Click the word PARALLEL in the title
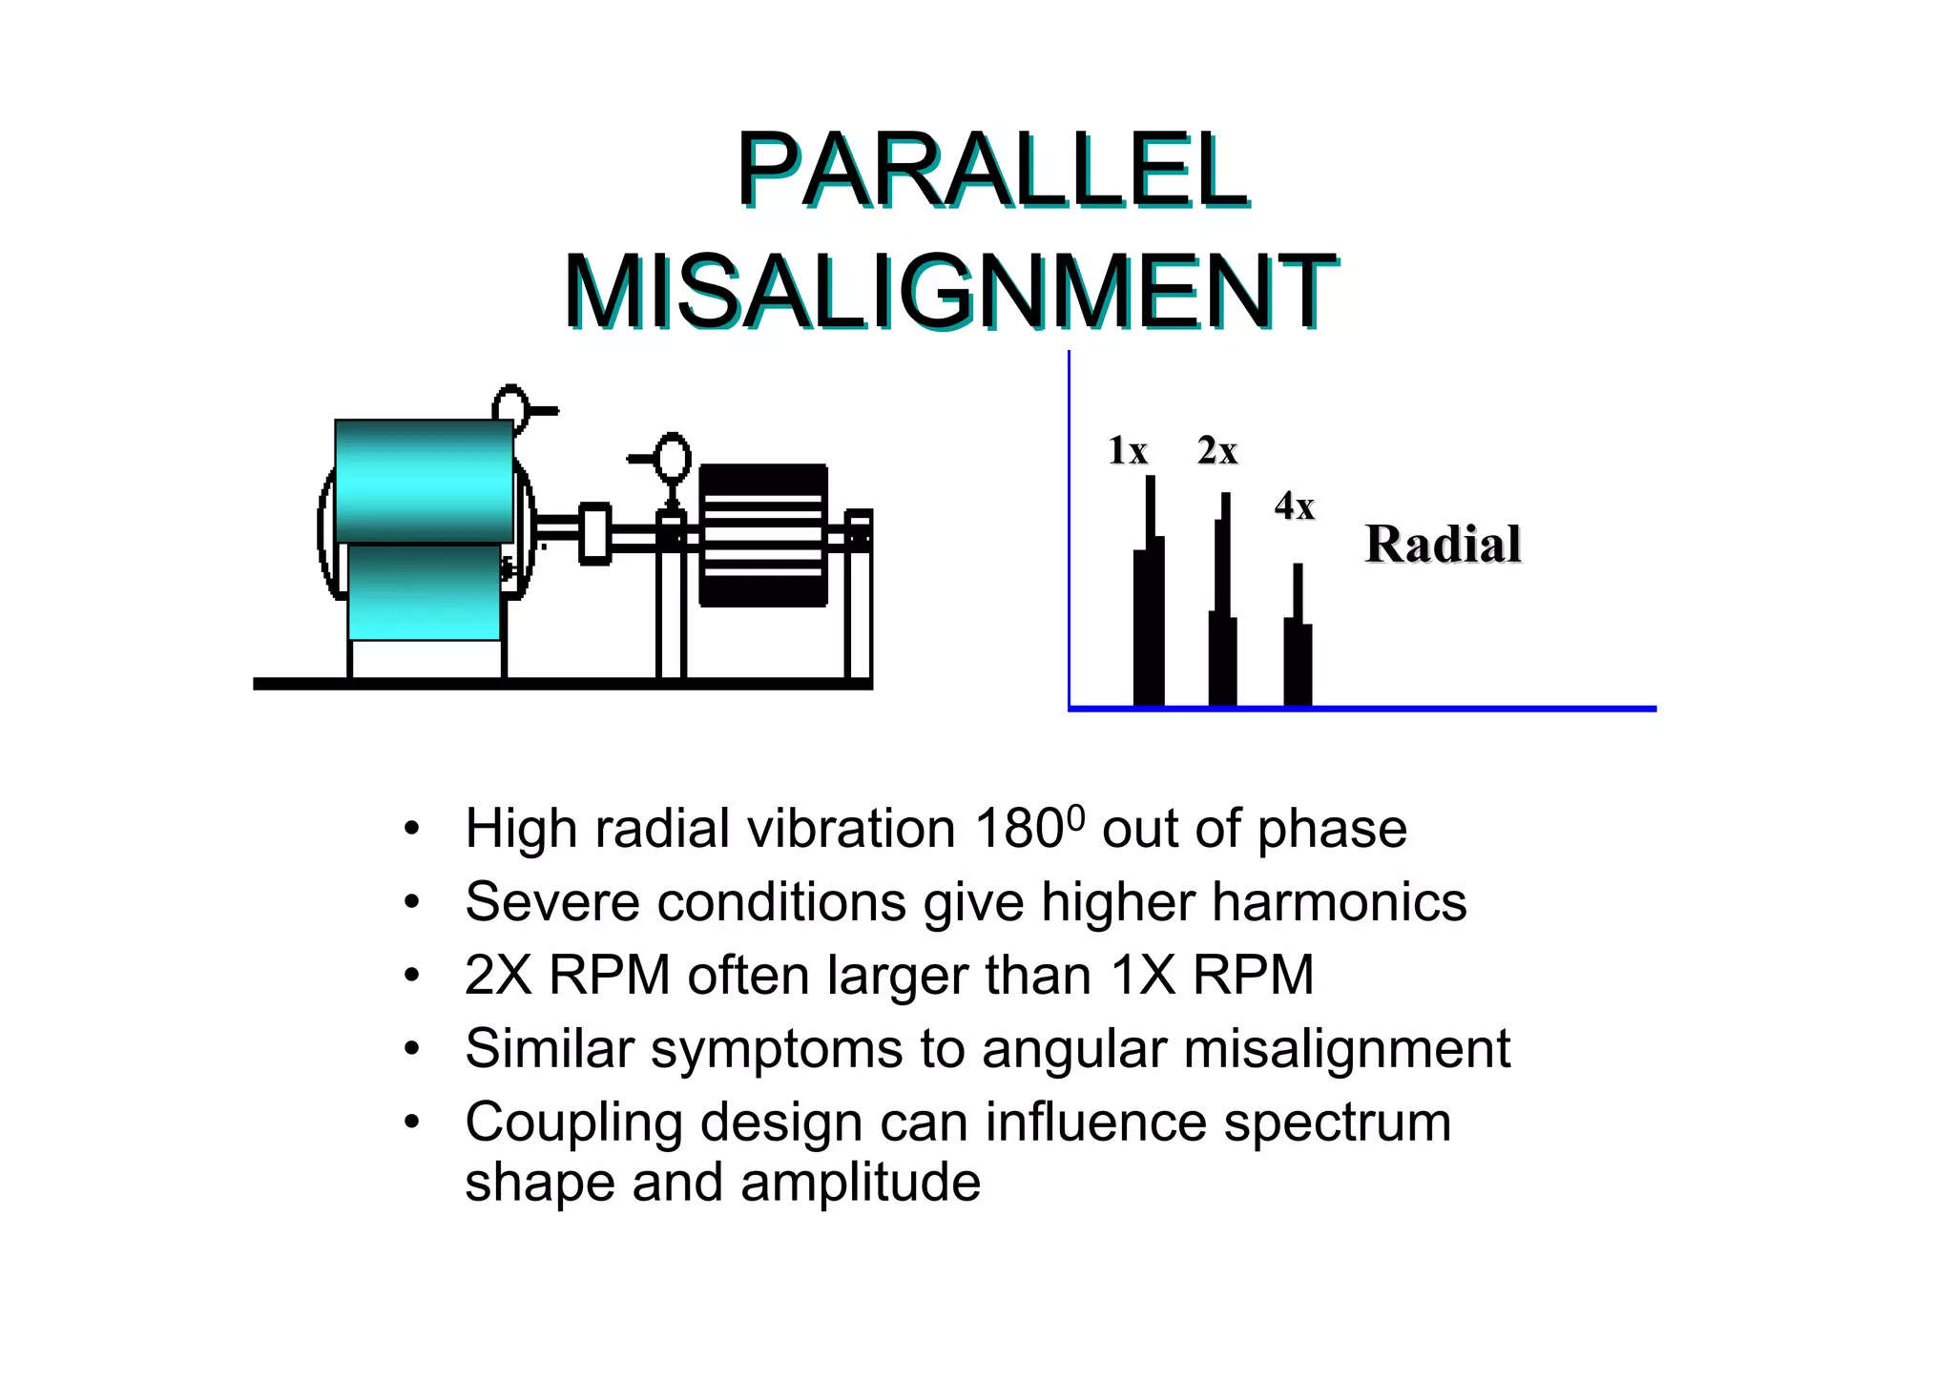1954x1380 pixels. [x=991, y=172]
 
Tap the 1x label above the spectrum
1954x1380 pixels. [x=1127, y=451]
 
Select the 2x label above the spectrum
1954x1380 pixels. [x=1217, y=451]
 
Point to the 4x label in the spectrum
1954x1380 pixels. [x=1295, y=506]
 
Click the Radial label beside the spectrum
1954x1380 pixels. [x=1443, y=545]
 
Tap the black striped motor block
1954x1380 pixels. [x=762, y=535]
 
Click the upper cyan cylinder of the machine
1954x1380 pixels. [x=424, y=482]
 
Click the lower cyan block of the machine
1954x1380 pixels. [x=424, y=592]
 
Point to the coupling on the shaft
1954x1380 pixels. [x=594, y=534]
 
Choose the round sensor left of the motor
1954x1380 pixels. [x=673, y=458]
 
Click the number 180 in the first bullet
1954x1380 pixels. [x=1018, y=829]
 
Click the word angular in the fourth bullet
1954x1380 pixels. [x=1073, y=1049]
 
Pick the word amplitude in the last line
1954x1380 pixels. [x=860, y=1183]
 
